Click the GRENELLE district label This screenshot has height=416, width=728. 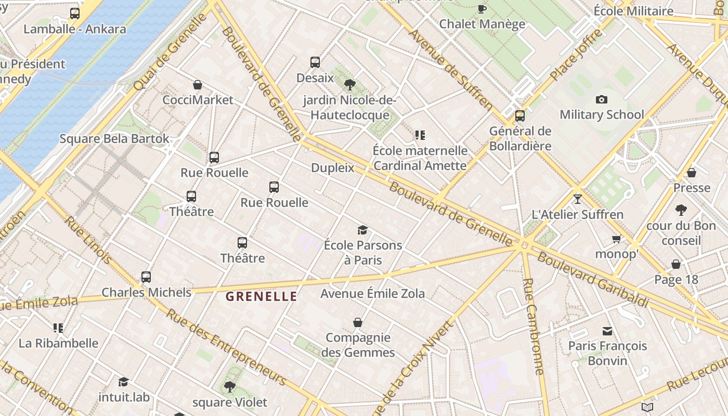click(x=262, y=297)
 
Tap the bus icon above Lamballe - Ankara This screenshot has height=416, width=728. click(x=75, y=14)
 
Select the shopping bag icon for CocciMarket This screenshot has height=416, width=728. click(x=198, y=85)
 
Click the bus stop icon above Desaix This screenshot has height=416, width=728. click(x=315, y=62)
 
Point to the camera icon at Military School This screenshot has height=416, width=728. click(x=602, y=99)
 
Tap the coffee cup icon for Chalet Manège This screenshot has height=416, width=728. click(x=482, y=9)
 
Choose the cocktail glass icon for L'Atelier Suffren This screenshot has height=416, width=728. click(x=577, y=199)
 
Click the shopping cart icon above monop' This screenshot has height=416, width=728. click(x=617, y=239)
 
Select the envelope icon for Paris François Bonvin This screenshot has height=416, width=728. click(x=607, y=331)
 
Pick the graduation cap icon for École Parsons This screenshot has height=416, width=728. click(x=362, y=230)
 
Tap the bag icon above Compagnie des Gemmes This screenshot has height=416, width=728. click(x=358, y=322)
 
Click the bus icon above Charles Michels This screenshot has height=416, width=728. click(x=146, y=277)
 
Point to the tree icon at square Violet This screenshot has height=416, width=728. click(x=229, y=387)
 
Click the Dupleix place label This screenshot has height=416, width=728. click(x=332, y=168)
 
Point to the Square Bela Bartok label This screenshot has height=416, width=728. click(x=114, y=139)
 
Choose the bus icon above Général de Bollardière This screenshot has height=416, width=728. click(x=520, y=116)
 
